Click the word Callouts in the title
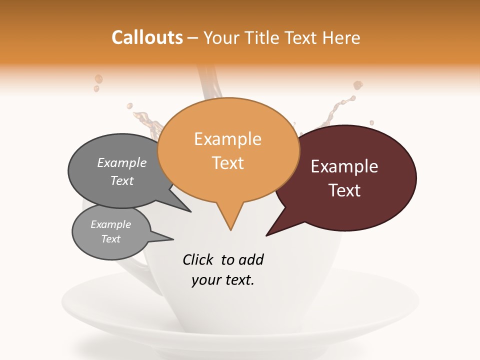pyautogui.click(x=147, y=37)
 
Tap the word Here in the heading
pyautogui.click(x=342, y=37)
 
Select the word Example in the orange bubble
pyautogui.click(x=227, y=139)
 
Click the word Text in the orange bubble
pyautogui.click(x=227, y=163)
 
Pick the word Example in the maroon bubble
pyautogui.click(x=344, y=166)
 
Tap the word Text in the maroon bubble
pyautogui.click(x=344, y=190)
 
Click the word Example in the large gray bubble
pyautogui.click(x=122, y=162)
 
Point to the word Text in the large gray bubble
pyautogui.click(x=122, y=180)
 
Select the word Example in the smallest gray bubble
pyautogui.click(x=111, y=224)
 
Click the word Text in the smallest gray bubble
pyautogui.click(x=111, y=239)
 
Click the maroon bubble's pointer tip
pyautogui.click(x=267, y=235)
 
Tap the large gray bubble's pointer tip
pyautogui.click(x=190, y=211)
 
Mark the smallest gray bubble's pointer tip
pyautogui.click(x=172, y=239)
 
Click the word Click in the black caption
pyautogui.click(x=198, y=259)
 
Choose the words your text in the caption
pyautogui.click(x=222, y=280)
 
